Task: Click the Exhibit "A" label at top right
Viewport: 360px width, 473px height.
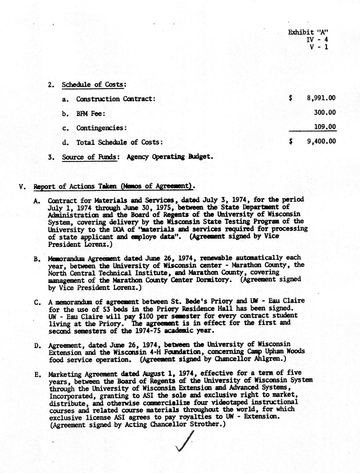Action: coord(308,32)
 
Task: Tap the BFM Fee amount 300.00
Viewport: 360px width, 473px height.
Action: coord(325,112)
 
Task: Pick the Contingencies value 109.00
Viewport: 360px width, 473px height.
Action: coord(325,127)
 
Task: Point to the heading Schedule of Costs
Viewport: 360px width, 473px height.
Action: coord(93,85)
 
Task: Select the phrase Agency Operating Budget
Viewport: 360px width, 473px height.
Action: coord(170,157)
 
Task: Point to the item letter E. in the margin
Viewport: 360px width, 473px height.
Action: coord(38,374)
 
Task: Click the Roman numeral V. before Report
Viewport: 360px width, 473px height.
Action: coord(23,187)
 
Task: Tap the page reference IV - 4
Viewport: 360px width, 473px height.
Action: coord(318,40)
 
